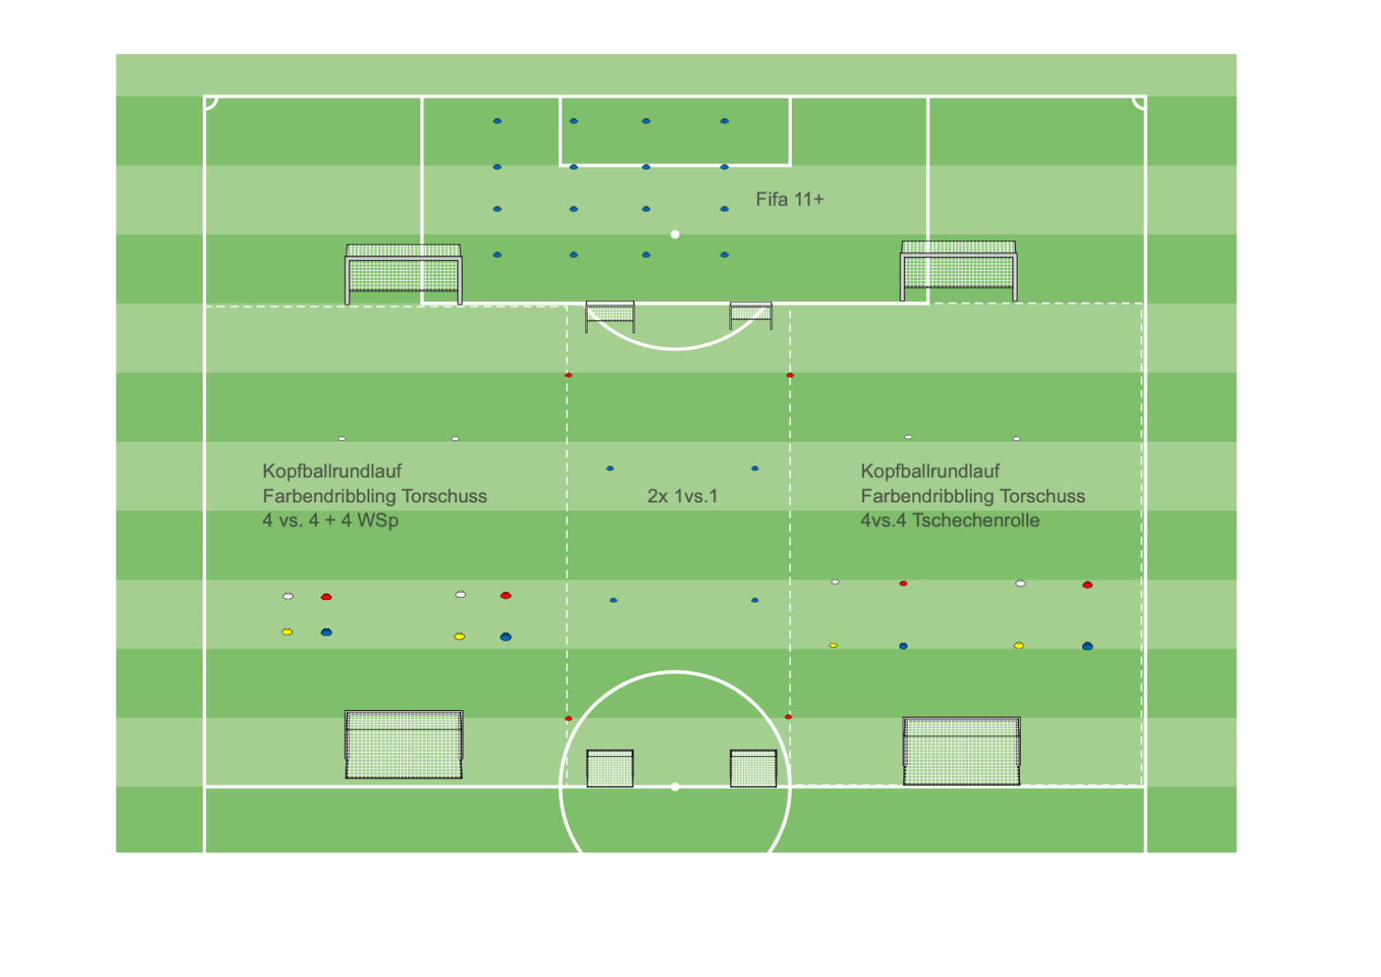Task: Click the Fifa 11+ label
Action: (x=789, y=200)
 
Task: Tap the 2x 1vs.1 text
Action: (x=683, y=496)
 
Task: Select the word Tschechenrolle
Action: (x=976, y=521)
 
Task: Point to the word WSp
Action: (x=377, y=521)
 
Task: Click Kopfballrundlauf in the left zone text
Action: (x=332, y=471)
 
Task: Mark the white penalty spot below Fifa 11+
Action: (x=675, y=234)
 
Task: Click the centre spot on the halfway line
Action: (x=675, y=787)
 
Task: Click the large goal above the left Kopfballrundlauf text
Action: (x=403, y=274)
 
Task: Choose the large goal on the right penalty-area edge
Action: (x=958, y=270)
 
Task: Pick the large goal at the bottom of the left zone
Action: (x=404, y=745)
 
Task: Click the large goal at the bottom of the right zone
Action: (x=962, y=750)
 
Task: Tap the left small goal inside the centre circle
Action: (x=610, y=768)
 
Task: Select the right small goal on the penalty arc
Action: (x=751, y=315)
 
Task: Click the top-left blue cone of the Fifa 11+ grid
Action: (x=497, y=121)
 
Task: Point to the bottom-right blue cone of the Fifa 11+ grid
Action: (x=725, y=255)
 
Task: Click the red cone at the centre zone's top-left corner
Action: (x=569, y=375)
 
